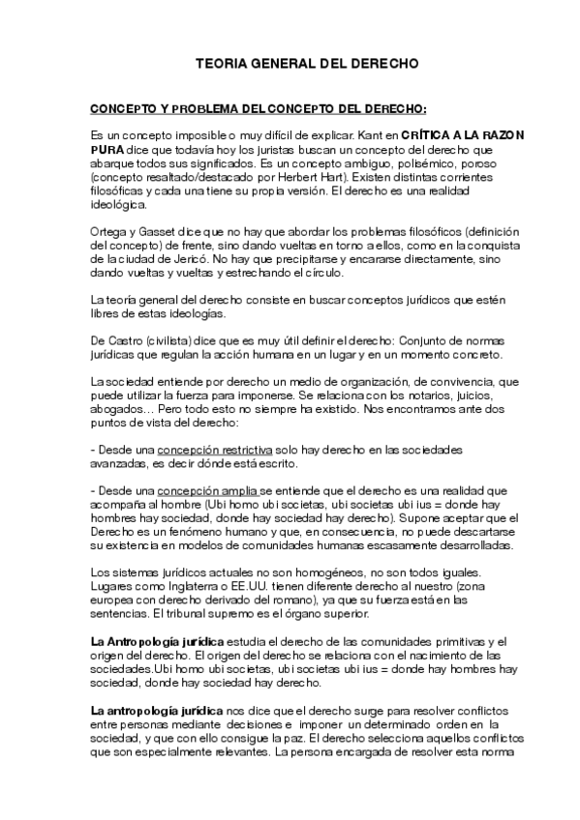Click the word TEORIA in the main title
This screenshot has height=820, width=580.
(218, 64)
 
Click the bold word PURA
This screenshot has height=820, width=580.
(106, 151)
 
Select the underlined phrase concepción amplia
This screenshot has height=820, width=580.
(207, 490)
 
